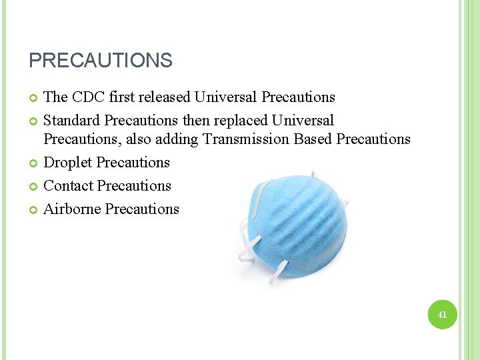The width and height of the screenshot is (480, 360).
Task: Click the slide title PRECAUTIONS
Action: click(100, 61)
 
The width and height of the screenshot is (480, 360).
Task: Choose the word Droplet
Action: click(68, 163)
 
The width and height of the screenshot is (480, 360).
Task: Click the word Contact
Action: click(69, 186)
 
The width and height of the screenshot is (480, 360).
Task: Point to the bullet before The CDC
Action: click(33, 98)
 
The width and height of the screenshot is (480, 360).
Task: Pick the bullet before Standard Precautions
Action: click(33, 121)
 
